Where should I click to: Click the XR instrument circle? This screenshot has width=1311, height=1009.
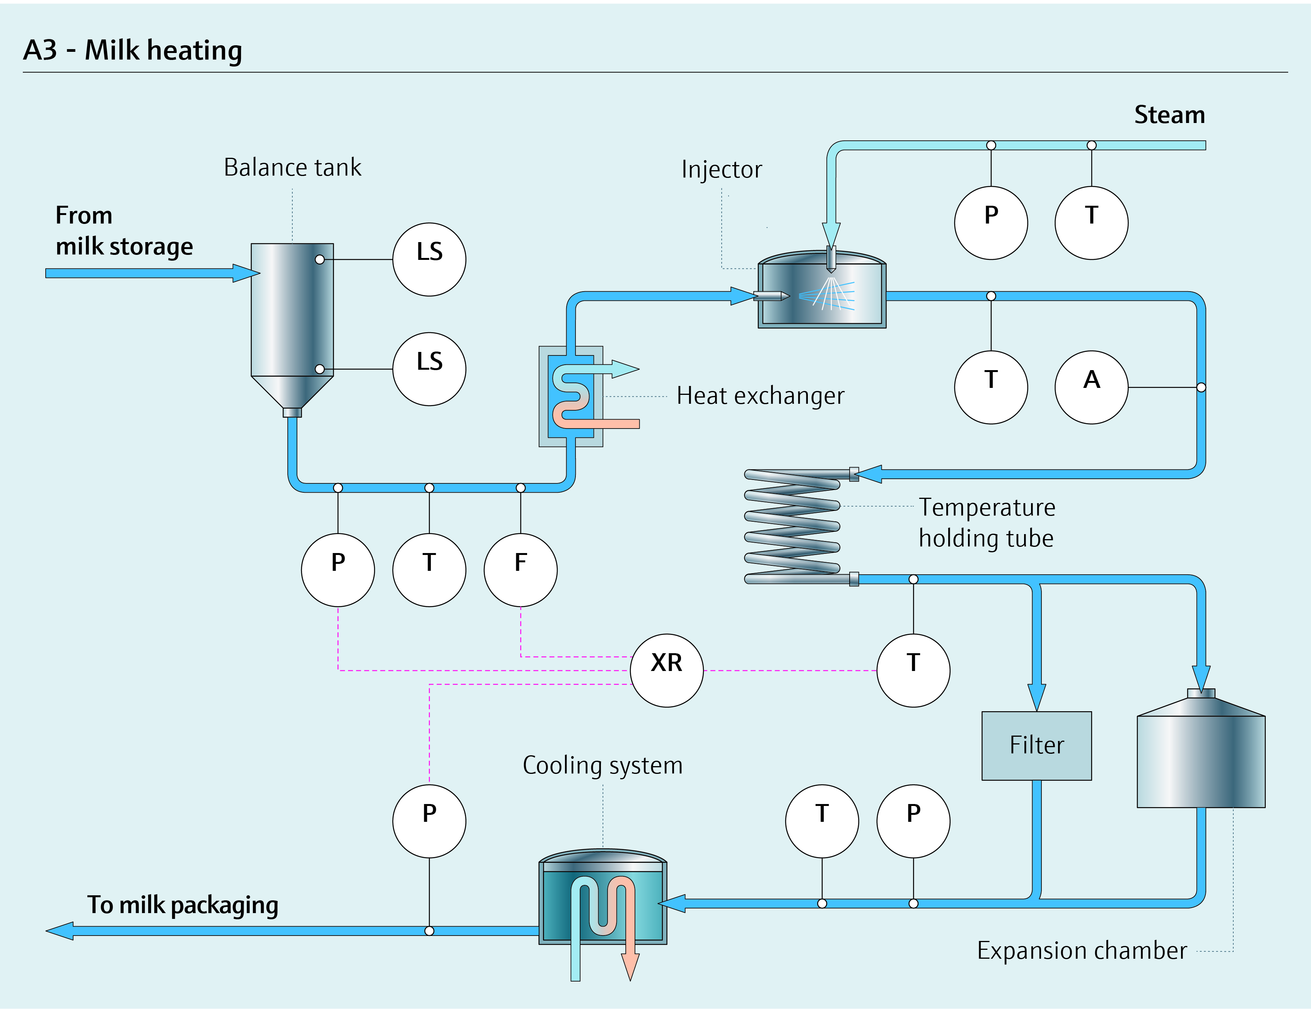[x=666, y=671]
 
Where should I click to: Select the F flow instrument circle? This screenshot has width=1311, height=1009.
[x=521, y=570]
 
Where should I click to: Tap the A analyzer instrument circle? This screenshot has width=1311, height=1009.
[x=1091, y=387]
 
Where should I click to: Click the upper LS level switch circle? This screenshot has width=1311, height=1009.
[x=429, y=259]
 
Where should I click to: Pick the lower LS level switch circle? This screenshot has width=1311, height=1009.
[x=429, y=369]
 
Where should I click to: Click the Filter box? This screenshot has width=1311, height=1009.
[x=1037, y=746]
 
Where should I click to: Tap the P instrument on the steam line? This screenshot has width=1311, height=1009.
[x=991, y=223]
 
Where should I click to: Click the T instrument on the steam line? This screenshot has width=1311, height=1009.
[x=1091, y=223]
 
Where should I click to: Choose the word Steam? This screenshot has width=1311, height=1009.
[x=1169, y=114]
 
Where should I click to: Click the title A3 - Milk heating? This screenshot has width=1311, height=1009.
[x=133, y=50]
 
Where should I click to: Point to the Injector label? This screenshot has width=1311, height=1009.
[x=722, y=169]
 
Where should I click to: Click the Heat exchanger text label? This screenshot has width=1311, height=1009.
[x=761, y=396]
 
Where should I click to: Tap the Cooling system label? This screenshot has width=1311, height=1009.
[x=603, y=766]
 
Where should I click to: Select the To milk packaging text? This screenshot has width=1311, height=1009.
[x=183, y=905]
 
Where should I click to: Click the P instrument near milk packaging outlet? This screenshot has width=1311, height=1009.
[x=429, y=821]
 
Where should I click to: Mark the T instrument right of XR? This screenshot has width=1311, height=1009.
[x=913, y=671]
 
